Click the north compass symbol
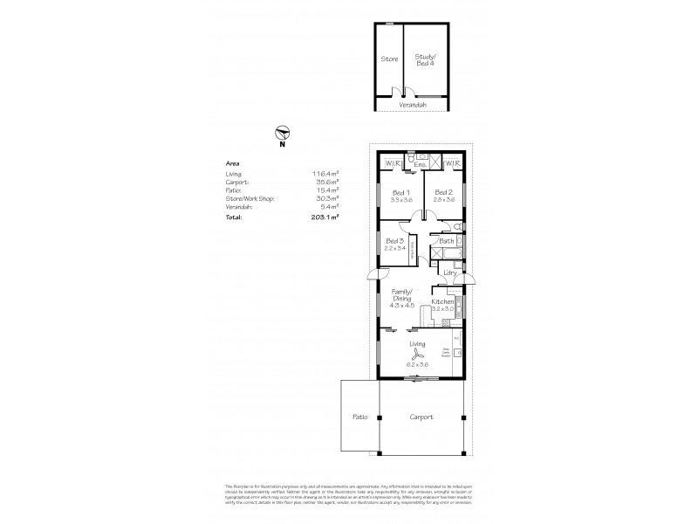[x=282, y=134]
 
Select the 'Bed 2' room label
[x=443, y=193]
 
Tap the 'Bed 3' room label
[x=395, y=241]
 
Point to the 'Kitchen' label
[x=443, y=301]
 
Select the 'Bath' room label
[x=447, y=240]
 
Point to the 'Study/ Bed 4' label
[x=425, y=59]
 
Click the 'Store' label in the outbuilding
[x=390, y=59]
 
